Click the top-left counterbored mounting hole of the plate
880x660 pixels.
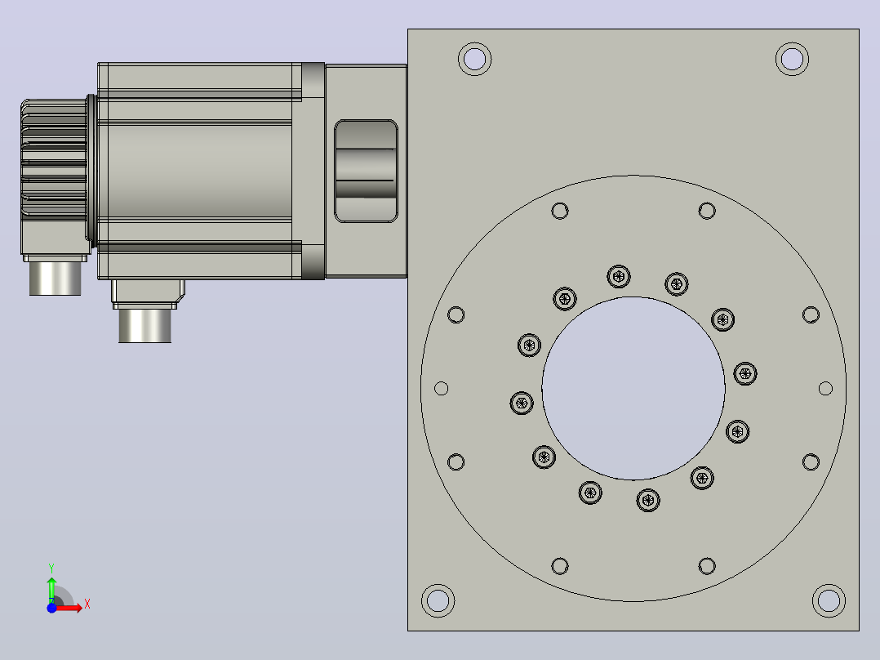point(475,59)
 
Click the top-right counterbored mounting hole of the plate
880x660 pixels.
point(792,59)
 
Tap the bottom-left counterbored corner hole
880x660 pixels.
point(438,600)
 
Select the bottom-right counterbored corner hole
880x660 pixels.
point(829,600)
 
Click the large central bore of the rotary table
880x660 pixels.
point(633,388)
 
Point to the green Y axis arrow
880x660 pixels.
point(51,589)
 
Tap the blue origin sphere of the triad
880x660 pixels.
point(51,608)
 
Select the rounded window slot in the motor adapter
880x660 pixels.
point(366,171)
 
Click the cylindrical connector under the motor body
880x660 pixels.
point(144,325)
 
